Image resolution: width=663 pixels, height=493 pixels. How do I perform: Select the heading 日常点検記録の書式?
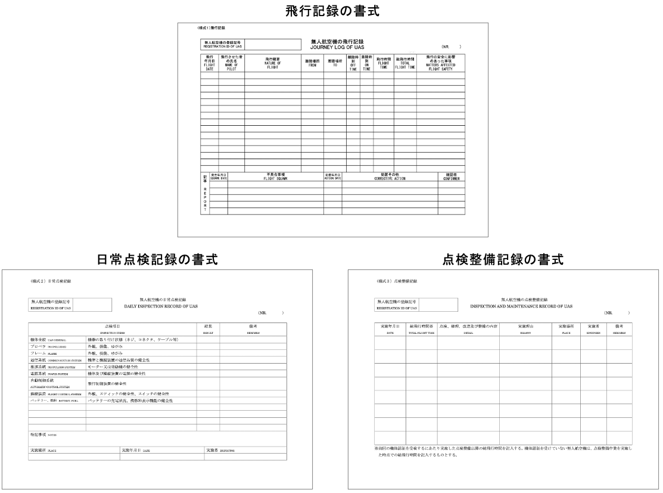(x=157, y=259)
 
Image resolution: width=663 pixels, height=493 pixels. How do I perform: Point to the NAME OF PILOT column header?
(x=232, y=63)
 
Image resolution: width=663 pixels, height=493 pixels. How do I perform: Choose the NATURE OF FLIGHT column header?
(x=272, y=63)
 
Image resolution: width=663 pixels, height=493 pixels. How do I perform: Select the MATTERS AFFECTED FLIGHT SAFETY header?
(x=440, y=63)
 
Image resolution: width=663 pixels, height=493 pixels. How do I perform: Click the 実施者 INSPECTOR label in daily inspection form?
(x=220, y=451)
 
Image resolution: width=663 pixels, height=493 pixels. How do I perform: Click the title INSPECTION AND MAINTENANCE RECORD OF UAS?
(x=521, y=306)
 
